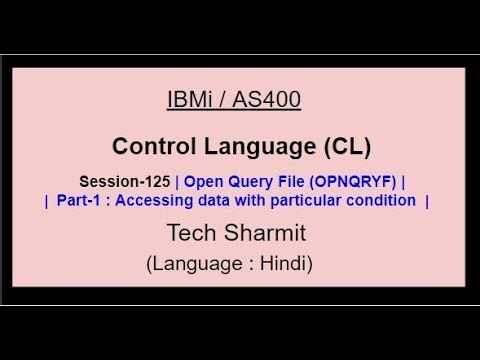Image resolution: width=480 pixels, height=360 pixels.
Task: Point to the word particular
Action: coord(293,200)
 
